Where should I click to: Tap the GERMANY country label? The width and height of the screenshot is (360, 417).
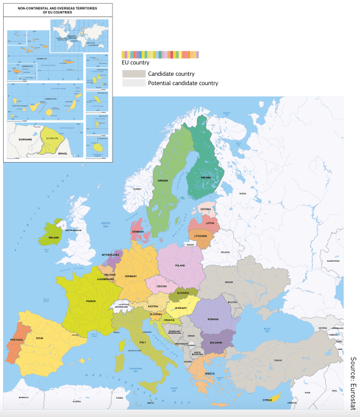[x=131, y=276]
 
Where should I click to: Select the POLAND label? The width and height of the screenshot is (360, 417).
[x=180, y=266]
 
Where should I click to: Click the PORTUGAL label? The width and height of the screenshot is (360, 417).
[x=17, y=339]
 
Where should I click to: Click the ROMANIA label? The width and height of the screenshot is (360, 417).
[x=212, y=319]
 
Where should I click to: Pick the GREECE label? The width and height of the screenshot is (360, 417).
[x=210, y=374]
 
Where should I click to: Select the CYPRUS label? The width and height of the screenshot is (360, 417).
[x=267, y=400]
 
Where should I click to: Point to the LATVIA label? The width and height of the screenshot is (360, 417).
[x=210, y=223]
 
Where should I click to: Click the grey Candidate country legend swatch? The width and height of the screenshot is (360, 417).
[x=133, y=73]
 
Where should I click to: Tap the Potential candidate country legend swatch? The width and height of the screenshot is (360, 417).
[x=133, y=83]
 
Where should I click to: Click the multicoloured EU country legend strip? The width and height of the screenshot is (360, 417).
[x=160, y=55]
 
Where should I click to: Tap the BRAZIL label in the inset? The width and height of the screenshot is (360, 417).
[x=62, y=153]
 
